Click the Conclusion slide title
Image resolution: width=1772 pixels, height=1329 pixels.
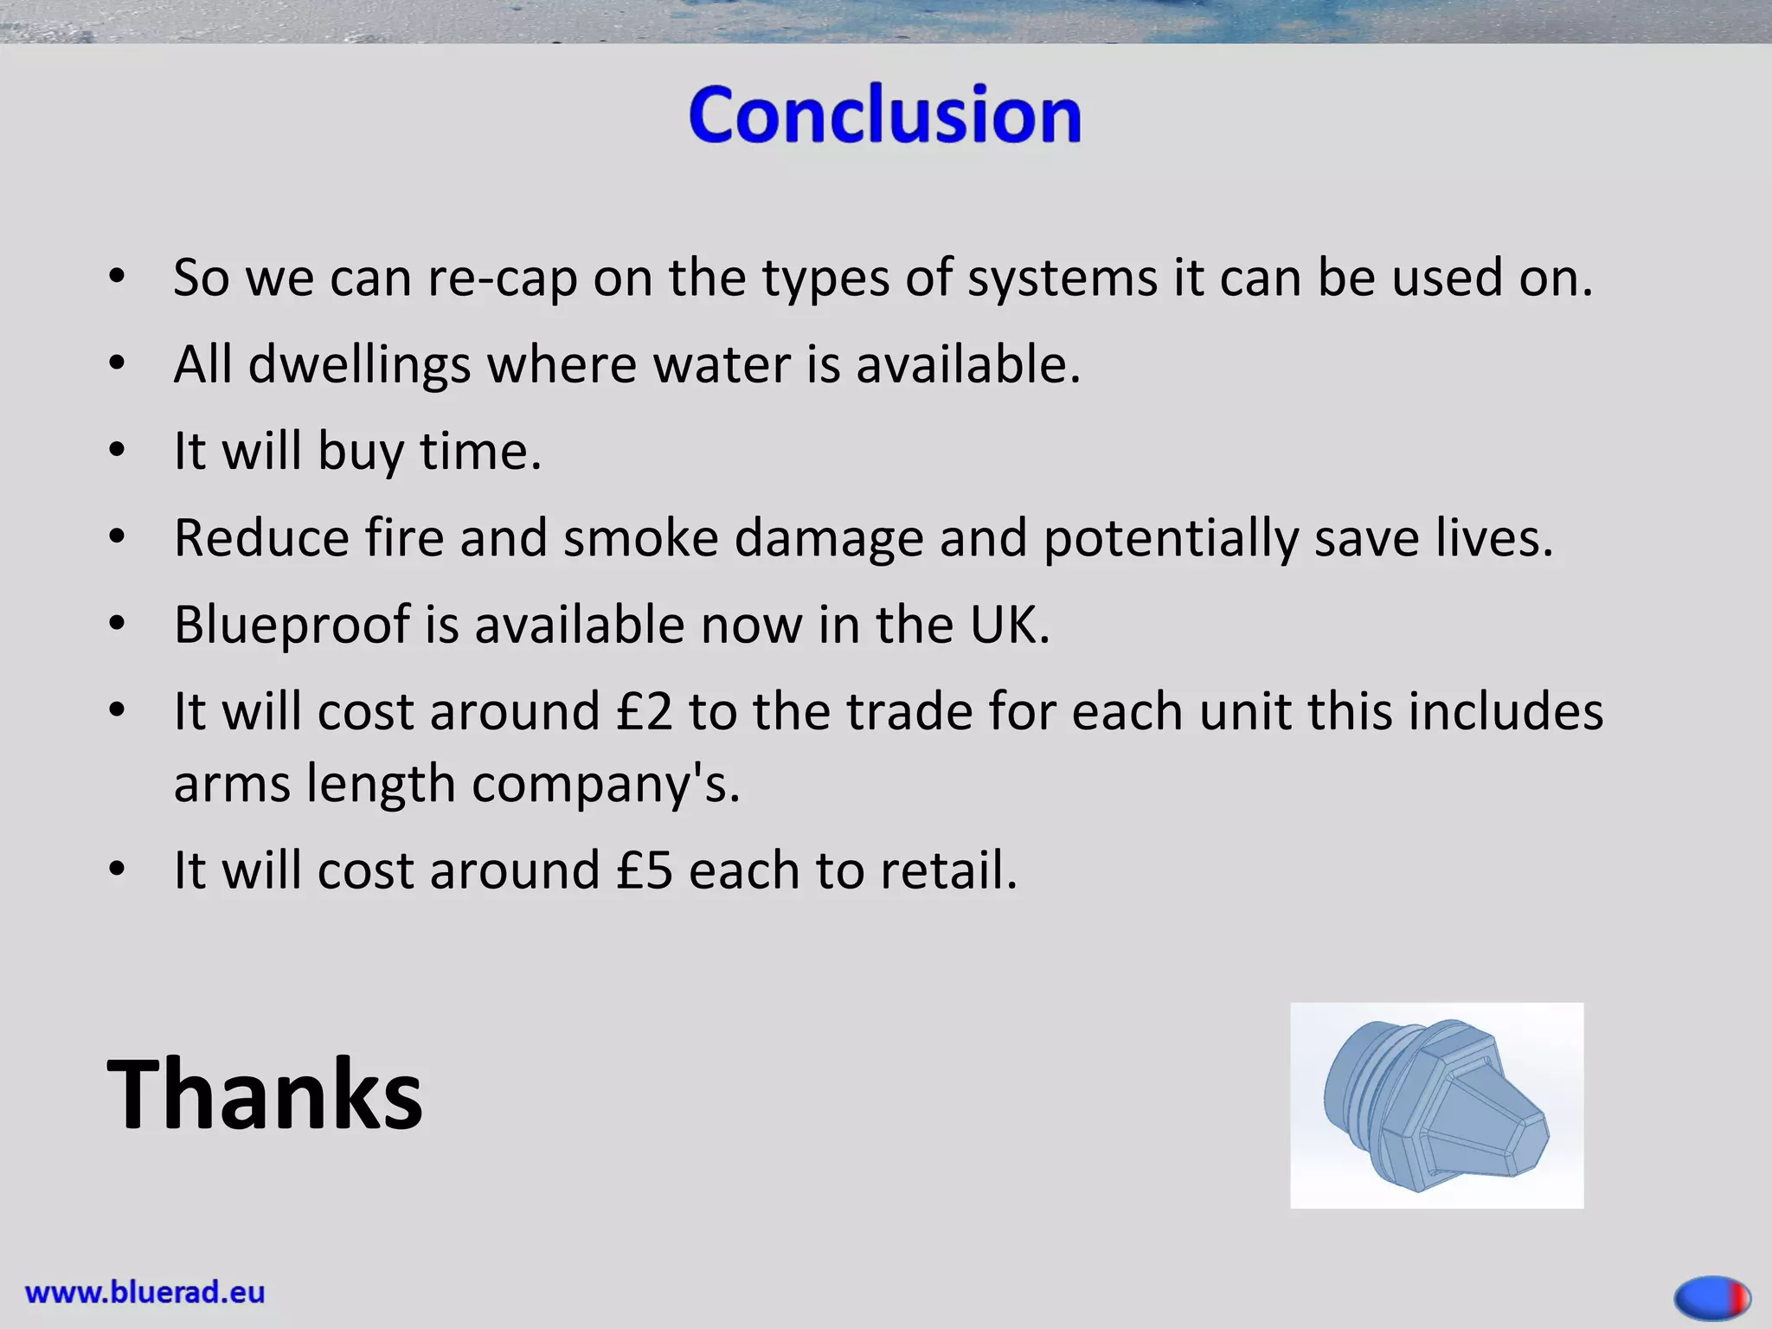tap(884, 115)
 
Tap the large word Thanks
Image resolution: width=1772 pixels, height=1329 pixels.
tap(265, 1094)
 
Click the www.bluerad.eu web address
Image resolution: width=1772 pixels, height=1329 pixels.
tap(144, 1293)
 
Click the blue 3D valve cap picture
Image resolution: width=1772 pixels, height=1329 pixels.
tap(1436, 1105)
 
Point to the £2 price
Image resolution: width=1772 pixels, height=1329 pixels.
tap(644, 711)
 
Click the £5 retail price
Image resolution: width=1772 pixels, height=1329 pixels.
tap(644, 870)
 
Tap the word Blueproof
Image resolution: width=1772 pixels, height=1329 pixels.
tap(292, 625)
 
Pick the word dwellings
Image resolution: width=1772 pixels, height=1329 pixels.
tap(359, 364)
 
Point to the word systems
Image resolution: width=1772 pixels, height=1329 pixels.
tap(1062, 279)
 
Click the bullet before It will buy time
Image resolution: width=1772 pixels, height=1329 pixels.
tap(118, 451)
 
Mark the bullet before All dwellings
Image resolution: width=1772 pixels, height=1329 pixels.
tap(118, 364)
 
